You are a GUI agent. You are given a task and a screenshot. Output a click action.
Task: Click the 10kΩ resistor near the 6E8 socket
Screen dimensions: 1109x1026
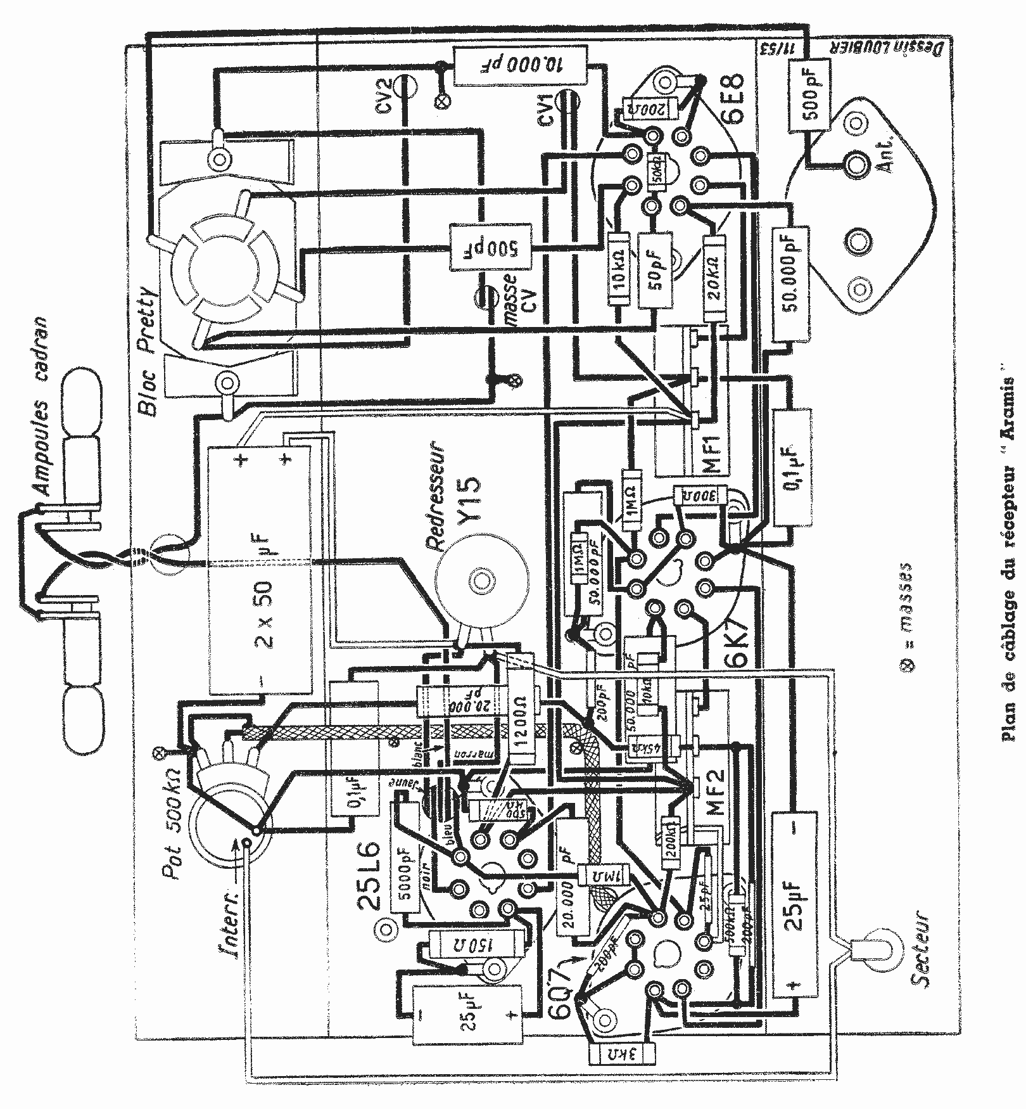pyautogui.click(x=619, y=269)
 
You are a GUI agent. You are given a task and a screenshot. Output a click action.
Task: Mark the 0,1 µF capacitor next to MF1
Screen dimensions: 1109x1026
pyautogui.click(x=792, y=467)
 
